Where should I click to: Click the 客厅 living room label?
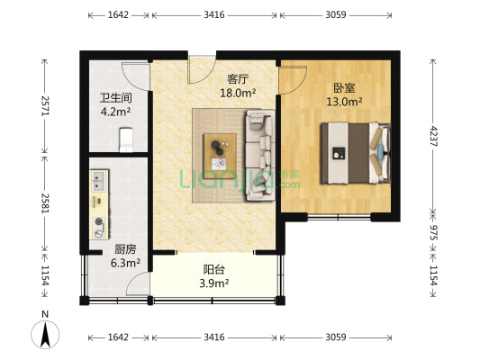pos(237,78)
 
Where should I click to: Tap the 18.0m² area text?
pos(238,92)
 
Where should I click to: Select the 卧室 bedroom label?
pos(344,88)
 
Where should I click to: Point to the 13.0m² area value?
pos(344,102)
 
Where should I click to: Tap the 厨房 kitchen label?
pos(124,249)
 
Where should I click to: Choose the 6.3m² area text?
pos(124,263)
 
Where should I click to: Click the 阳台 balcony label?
pos(213,268)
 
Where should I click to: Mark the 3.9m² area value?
pos(213,282)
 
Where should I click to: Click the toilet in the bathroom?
pos(126,139)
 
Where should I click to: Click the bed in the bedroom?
pos(360,151)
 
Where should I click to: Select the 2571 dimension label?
pos(43,107)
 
